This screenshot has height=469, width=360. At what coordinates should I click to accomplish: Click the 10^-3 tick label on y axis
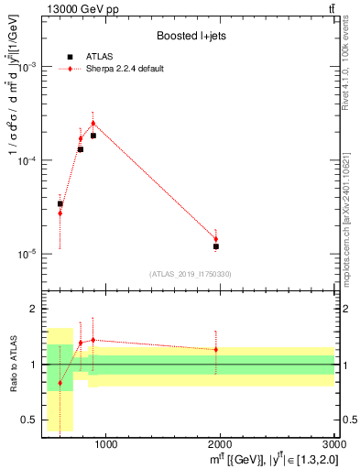tap(27, 67)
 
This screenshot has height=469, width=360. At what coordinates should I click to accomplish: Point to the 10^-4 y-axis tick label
tap(27, 160)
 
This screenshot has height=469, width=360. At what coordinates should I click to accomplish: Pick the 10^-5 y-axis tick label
tap(27, 254)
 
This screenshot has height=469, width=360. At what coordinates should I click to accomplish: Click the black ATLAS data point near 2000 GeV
tap(216, 246)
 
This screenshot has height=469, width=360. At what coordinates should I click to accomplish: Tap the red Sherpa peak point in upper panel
tap(93, 123)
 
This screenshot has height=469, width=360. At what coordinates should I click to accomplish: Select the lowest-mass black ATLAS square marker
tap(60, 204)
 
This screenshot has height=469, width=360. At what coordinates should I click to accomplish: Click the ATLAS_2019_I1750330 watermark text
tap(191, 274)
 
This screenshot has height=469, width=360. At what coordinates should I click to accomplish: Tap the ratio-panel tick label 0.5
tap(29, 420)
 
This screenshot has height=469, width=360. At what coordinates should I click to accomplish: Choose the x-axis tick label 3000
tap(334, 446)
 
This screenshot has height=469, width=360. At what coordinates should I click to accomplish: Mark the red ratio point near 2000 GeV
tap(216, 349)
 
